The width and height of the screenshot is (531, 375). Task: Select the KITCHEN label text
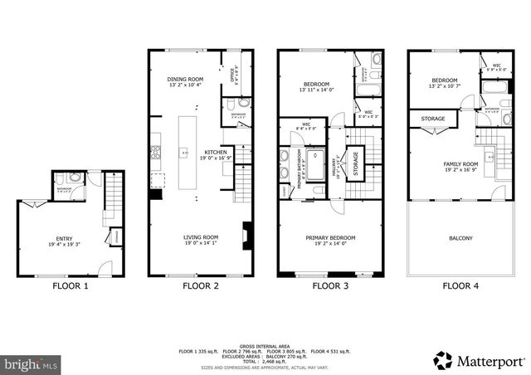coord(216,153)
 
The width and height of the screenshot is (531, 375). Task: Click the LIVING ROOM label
coord(200,238)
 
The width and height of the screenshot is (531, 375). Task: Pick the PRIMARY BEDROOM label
coord(330,238)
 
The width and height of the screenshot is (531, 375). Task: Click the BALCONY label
coord(460,239)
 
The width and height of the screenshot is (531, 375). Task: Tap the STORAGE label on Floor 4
coord(432,119)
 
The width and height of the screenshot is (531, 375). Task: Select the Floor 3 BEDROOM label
coord(316,85)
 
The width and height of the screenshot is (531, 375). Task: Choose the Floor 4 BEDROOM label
coord(444,80)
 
